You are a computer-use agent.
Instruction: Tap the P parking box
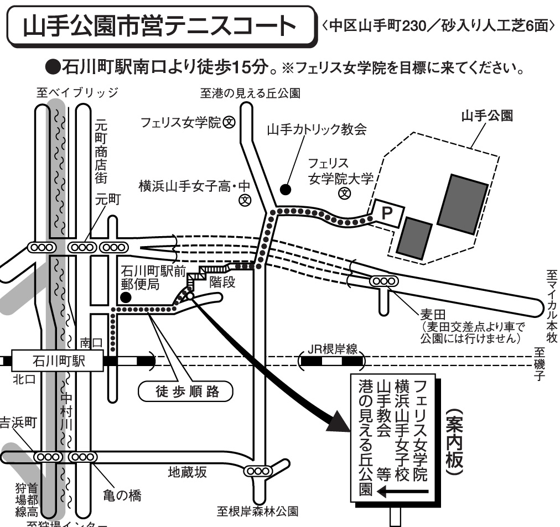pos(389,212)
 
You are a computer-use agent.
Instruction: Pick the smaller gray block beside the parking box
pos(414,237)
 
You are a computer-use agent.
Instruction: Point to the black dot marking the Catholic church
pos(285,190)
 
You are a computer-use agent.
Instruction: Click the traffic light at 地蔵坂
pos(258,471)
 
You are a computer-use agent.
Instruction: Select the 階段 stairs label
pos(222,283)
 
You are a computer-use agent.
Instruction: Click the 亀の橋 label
pos(122,494)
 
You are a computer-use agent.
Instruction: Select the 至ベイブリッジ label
pos(77,92)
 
